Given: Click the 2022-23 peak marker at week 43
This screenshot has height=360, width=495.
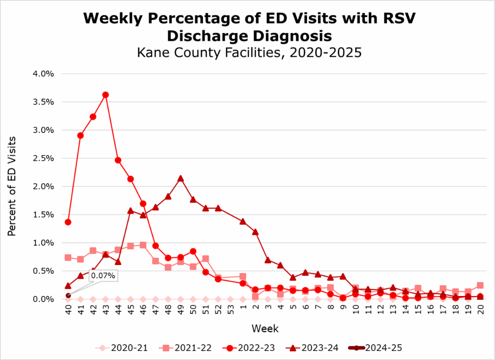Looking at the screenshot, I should [x=105, y=95].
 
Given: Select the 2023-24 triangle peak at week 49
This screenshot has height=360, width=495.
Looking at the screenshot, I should [x=180, y=179].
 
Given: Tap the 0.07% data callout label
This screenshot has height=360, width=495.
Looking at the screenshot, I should [x=103, y=275].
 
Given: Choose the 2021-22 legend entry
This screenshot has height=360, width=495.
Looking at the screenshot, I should [x=185, y=348].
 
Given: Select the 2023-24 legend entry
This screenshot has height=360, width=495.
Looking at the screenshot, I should [x=312, y=348].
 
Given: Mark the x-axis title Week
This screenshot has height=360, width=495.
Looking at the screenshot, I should [x=265, y=329].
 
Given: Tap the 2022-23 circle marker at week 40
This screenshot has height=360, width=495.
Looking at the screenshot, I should [x=68, y=222].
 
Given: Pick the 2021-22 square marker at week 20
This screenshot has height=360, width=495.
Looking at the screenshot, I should [x=481, y=285].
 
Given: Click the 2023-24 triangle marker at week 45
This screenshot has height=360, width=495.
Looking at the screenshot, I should [x=130, y=211].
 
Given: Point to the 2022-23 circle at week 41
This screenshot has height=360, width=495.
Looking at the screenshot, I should [x=80, y=135].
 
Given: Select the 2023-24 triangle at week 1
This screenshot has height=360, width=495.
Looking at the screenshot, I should [x=243, y=221].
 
